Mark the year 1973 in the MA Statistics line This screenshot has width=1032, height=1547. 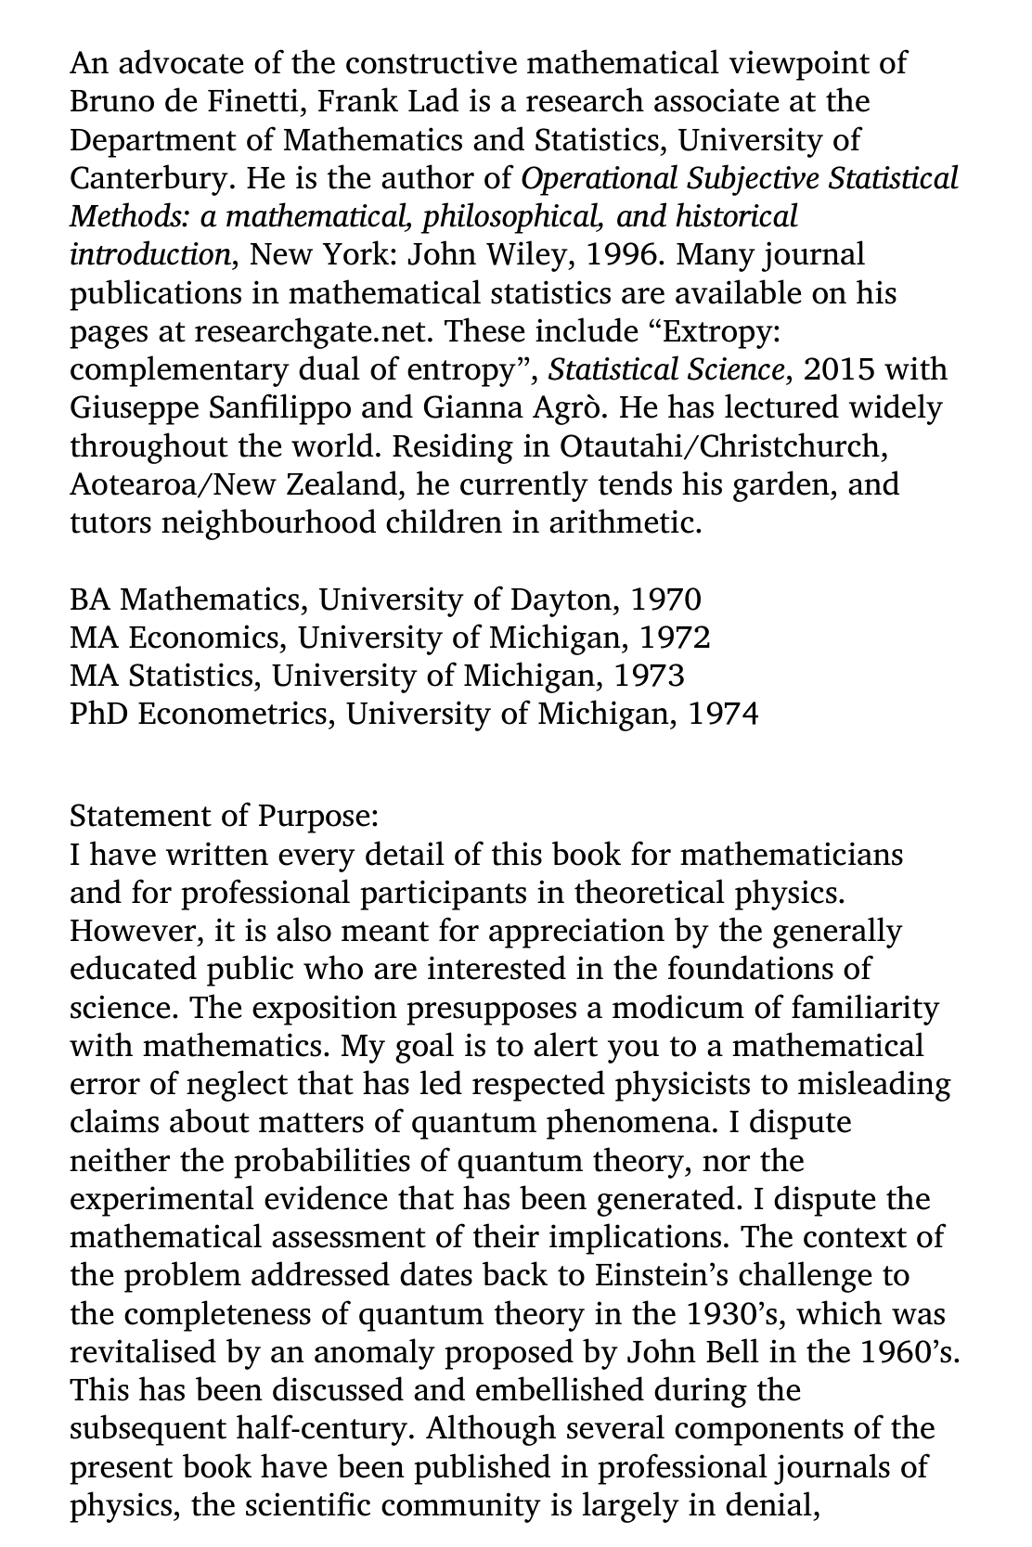pyautogui.click(x=649, y=676)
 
